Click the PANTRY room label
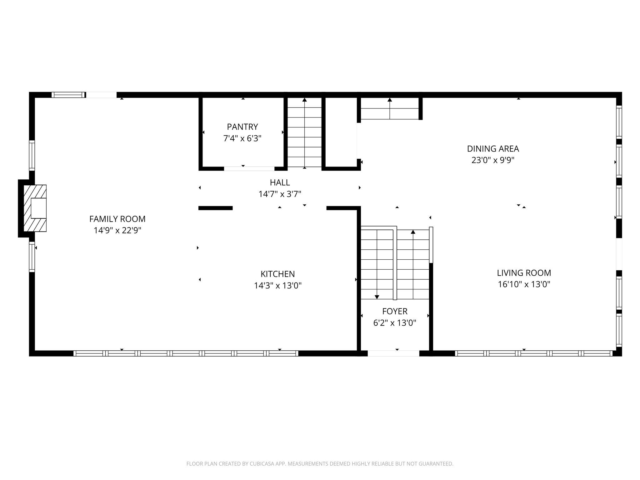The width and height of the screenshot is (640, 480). [x=242, y=127]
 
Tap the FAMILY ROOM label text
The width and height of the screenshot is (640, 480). [x=117, y=219]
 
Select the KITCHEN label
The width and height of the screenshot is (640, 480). [x=277, y=274]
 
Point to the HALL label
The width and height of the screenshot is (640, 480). [x=280, y=182]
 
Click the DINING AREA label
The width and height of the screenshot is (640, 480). [x=493, y=149]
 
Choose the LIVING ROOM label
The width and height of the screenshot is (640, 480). [x=524, y=273]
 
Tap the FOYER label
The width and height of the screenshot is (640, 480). [x=395, y=311]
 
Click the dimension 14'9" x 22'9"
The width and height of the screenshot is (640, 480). [x=117, y=231]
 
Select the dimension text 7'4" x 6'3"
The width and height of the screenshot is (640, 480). [x=242, y=138]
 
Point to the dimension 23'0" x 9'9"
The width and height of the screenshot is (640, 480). [x=493, y=160]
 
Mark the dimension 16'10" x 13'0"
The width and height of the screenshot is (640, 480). [x=524, y=284]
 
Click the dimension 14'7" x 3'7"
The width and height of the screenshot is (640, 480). [x=280, y=194]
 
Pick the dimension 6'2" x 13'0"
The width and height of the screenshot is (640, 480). [x=395, y=323]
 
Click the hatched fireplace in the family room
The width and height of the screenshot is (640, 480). [x=35, y=208]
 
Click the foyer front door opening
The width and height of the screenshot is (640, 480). [x=393, y=353]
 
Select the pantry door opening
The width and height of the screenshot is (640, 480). [x=249, y=169]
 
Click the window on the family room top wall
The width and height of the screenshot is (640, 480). [x=68, y=95]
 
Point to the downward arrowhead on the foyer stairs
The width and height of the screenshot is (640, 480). [x=377, y=297]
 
